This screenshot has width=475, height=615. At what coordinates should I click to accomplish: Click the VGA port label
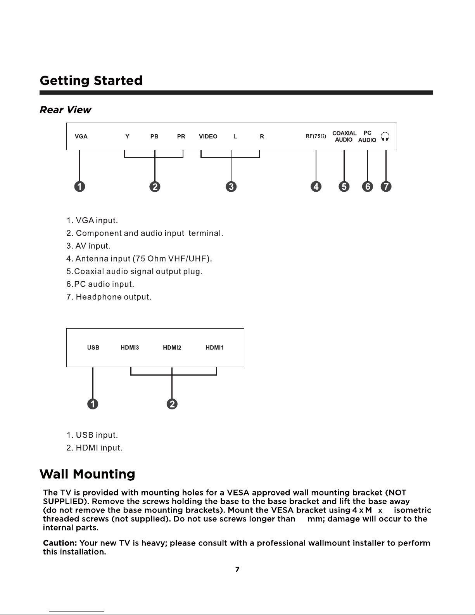pyautogui.click(x=81, y=137)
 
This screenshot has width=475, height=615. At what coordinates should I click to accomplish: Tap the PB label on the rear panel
pyautogui.click(x=154, y=137)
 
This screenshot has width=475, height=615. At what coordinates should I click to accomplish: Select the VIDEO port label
pyautogui.click(x=208, y=137)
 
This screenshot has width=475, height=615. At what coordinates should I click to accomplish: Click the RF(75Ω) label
pyautogui.click(x=316, y=136)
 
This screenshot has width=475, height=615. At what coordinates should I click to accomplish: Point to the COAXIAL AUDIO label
pyautogui.click(x=344, y=137)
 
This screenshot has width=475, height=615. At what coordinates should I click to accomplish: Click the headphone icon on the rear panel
pyautogui.click(x=385, y=137)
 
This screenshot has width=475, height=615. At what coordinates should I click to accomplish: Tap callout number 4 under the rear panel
pyautogui.click(x=316, y=187)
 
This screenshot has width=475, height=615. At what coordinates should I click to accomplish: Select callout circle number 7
pyautogui.click(x=386, y=187)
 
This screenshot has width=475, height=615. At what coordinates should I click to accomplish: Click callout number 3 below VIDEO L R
pyautogui.click(x=231, y=187)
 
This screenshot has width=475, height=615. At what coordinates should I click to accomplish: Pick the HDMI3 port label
pyautogui.click(x=130, y=348)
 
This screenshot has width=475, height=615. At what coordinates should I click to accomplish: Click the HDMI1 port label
pyautogui.click(x=214, y=348)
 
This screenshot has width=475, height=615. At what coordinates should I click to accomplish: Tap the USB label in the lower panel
pyautogui.click(x=93, y=348)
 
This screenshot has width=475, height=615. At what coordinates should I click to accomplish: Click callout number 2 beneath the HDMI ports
pyautogui.click(x=172, y=404)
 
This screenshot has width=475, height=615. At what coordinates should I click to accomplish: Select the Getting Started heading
pyautogui.click(x=92, y=81)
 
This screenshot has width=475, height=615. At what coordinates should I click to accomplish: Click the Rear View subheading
pyautogui.click(x=65, y=110)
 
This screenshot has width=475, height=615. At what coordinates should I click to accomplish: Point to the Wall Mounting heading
pyautogui.click(x=88, y=474)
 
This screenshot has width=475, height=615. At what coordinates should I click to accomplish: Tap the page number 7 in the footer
pyautogui.click(x=237, y=569)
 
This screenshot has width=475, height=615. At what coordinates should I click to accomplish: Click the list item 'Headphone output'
pyautogui.click(x=109, y=297)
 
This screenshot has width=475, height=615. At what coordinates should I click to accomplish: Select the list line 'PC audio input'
pyautogui.click(x=100, y=284)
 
